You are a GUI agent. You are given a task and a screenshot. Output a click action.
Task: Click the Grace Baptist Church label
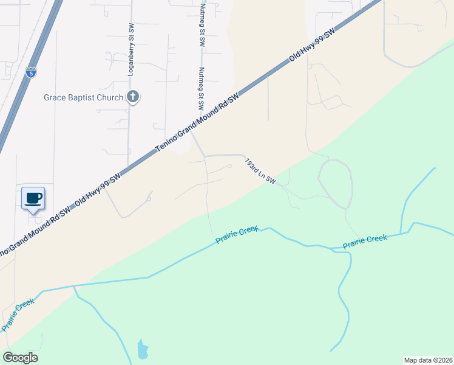pos(83,97)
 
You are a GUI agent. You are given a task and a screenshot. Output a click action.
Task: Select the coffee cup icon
pos(33,197)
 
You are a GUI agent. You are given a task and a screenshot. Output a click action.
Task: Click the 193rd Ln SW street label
pos(260,171)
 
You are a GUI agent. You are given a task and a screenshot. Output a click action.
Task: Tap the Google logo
pos(20,358)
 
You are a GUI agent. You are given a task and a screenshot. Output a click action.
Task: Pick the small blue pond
pos(142,349)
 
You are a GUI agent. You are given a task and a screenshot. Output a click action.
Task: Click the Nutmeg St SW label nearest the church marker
pos(201,88)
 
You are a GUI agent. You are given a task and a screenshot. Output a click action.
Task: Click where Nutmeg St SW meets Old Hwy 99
pos(190,128)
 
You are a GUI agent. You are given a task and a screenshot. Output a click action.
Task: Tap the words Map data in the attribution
pos(416,360)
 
